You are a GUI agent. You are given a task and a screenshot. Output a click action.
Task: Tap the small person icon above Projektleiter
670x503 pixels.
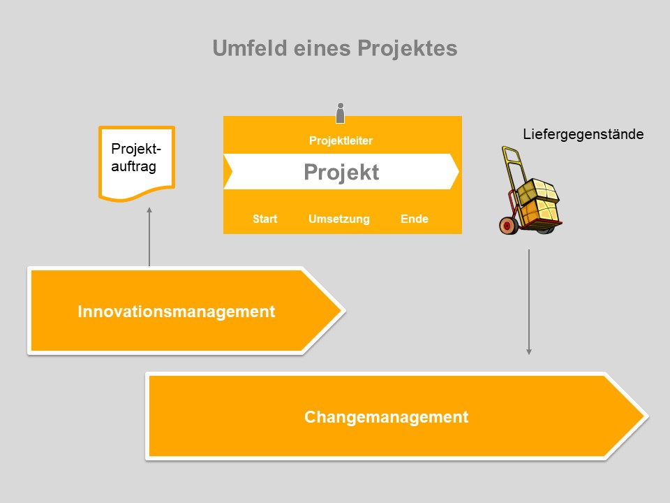[x=341, y=113]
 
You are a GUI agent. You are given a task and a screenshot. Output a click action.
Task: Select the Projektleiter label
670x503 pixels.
[x=341, y=141]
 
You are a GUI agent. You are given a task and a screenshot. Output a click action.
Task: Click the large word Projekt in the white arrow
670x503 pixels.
[x=341, y=173]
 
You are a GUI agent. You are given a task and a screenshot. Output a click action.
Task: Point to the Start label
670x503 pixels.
[x=265, y=219]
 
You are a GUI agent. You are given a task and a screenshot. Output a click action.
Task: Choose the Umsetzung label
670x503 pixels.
[x=338, y=219]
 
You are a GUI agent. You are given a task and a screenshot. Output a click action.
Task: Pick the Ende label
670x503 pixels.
[x=414, y=219]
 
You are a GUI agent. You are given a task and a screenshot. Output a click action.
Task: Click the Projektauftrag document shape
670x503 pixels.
[x=136, y=163]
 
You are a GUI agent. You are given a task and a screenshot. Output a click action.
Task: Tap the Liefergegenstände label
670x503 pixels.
[x=583, y=133]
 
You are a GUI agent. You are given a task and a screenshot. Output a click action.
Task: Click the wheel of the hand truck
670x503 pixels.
[x=508, y=225]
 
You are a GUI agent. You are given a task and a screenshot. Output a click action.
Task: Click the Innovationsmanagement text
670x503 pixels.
[x=176, y=312]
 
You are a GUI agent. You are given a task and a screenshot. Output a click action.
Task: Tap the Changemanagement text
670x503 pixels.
[x=386, y=418]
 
